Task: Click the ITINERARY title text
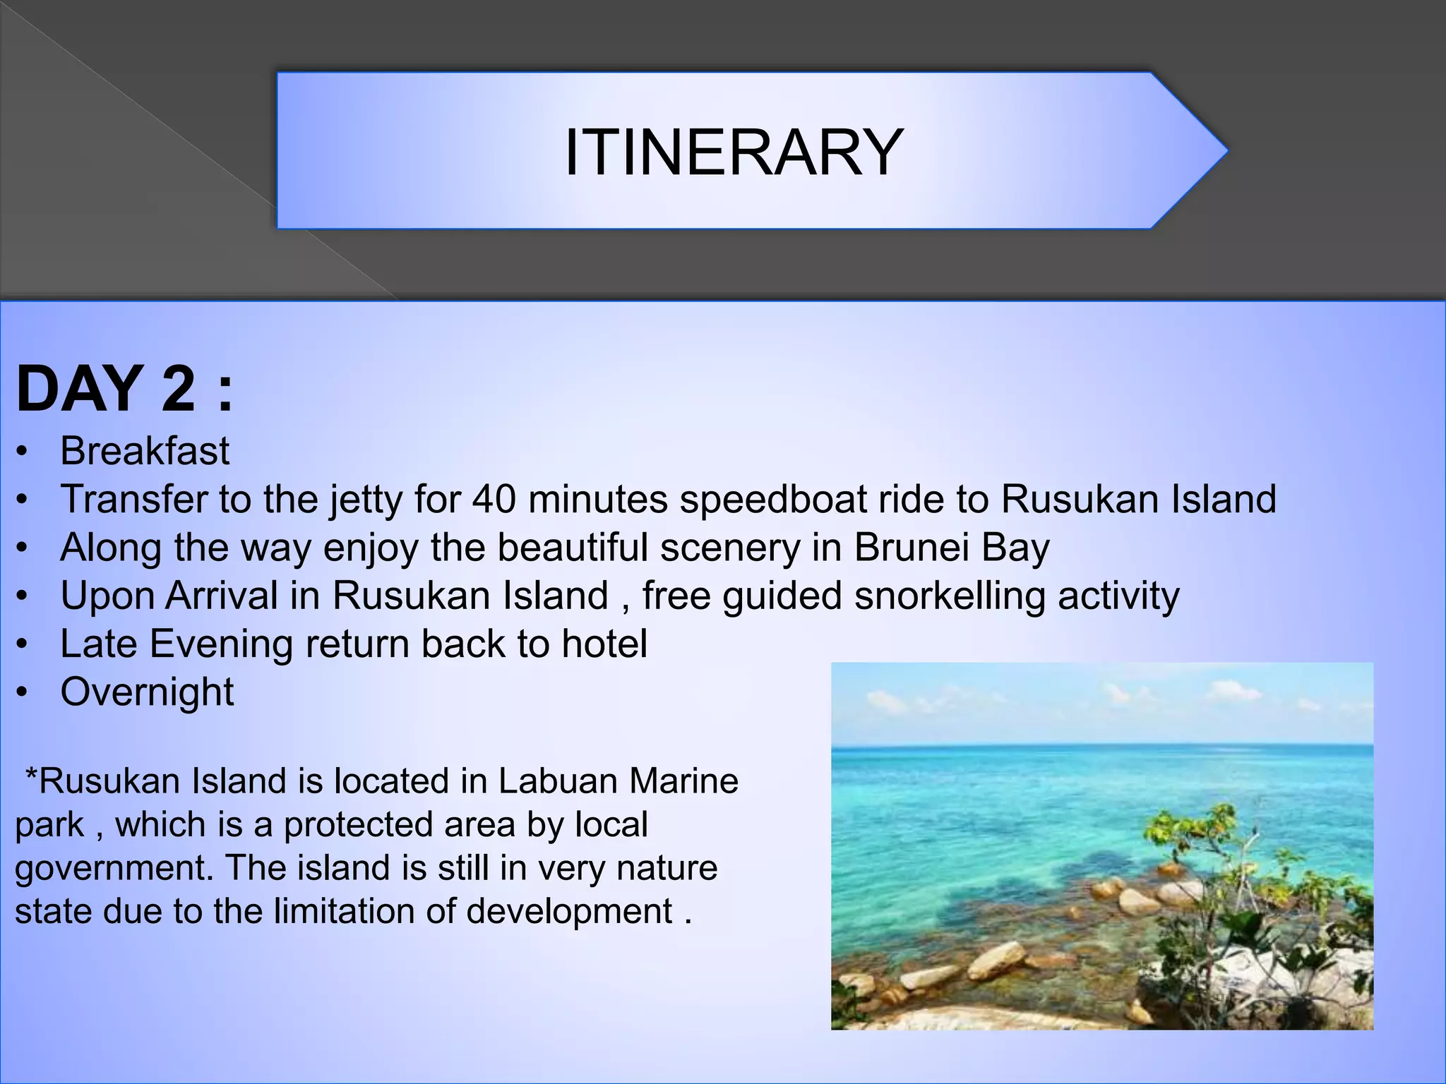(734, 152)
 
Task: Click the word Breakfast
(145, 451)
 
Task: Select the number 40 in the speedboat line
(494, 499)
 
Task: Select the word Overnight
(147, 692)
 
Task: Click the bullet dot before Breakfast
(23, 452)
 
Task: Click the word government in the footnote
(113, 868)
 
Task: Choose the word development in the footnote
(569, 911)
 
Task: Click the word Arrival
(222, 596)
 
